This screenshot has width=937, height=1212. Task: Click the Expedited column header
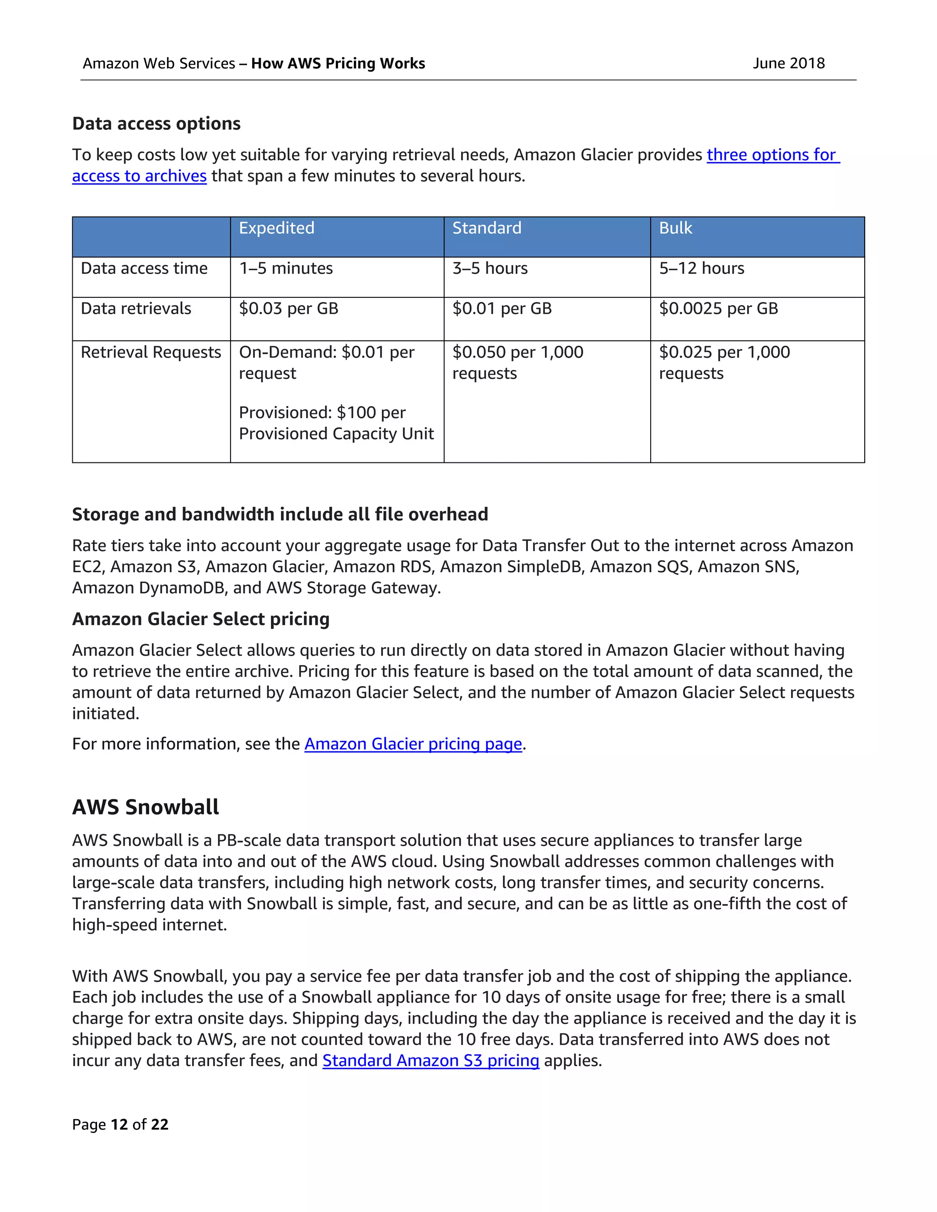coord(276,228)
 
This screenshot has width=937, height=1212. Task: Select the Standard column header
coord(486,228)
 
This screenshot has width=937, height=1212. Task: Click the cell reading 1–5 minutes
coord(285,268)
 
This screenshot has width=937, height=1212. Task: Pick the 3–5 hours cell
coord(490,268)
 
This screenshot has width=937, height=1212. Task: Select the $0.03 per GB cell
coord(288,309)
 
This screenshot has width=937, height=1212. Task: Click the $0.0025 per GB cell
coord(718,309)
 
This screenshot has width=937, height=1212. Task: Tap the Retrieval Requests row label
coord(151,352)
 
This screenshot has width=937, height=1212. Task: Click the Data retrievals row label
coord(135,309)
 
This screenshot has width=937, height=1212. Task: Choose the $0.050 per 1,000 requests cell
coord(517,362)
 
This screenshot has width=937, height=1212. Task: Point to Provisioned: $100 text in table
coord(322,413)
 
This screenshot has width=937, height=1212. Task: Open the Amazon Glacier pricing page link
coord(413,744)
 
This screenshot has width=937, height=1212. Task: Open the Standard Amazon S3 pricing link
coord(431,1061)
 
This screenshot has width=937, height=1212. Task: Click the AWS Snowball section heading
coord(145,807)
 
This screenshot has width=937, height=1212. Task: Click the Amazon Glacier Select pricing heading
coord(200,619)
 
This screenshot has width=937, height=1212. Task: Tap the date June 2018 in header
coord(788,63)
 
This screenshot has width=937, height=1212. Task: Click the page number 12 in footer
coord(119,1124)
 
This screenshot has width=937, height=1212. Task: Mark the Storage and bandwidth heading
coord(280,514)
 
